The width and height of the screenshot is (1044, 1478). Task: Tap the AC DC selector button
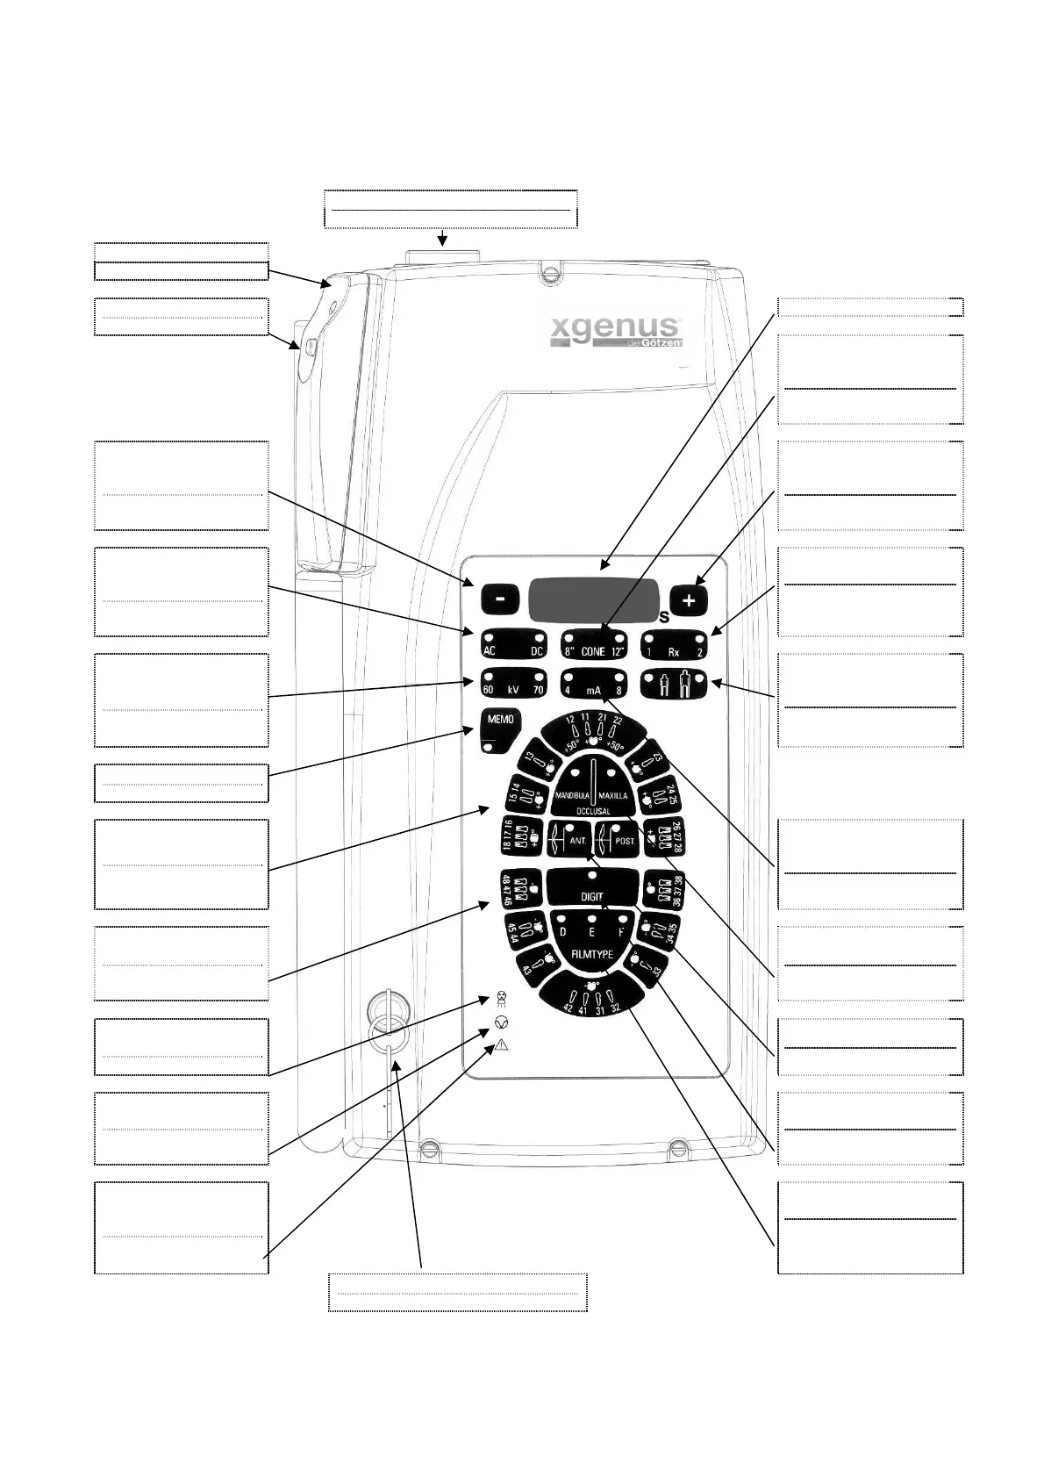coord(513,645)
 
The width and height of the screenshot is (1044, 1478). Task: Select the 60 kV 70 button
coord(513,684)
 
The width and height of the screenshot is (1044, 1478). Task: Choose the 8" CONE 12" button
coord(593,645)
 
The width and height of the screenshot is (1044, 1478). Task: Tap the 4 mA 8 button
coord(593,684)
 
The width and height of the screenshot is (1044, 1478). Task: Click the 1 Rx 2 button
coord(674,645)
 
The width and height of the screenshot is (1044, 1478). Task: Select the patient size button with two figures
coord(674,684)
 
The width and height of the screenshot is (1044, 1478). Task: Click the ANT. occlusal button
coord(569,840)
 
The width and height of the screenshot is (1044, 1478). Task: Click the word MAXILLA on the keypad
coord(613,795)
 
